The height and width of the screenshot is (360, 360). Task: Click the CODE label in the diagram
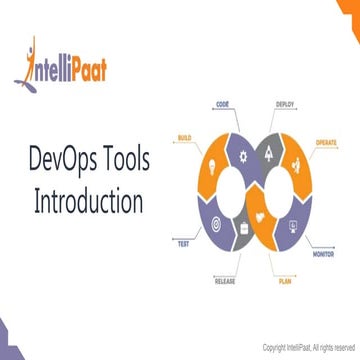(x=221, y=103)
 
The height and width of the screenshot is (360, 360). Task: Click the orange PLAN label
(x=285, y=283)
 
